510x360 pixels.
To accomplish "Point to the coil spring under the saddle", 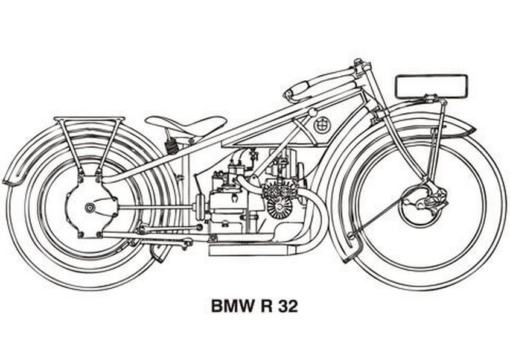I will [x=173, y=145].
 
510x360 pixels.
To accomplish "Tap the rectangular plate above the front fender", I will [x=431, y=86].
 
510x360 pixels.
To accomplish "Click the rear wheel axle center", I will [x=90, y=208].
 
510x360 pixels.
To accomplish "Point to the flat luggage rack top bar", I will [x=89, y=119].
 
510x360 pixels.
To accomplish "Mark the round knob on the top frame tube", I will [x=312, y=113].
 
